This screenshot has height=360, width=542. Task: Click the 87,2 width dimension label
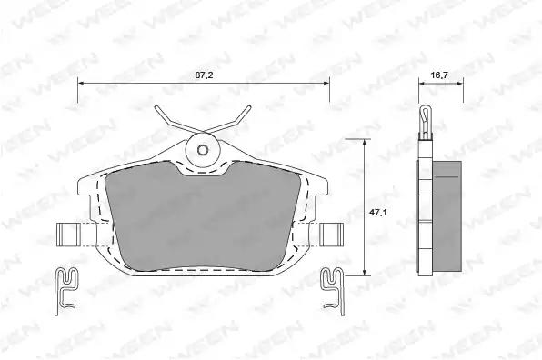(204, 75)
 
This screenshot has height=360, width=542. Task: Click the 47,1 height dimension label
(377, 213)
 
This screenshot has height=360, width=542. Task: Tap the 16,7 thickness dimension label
(439, 75)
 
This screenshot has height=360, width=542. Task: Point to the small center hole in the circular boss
(203, 150)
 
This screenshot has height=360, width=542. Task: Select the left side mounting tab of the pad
(68, 235)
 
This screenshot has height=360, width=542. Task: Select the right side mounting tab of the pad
(332, 235)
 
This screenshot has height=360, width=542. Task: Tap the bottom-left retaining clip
(66, 291)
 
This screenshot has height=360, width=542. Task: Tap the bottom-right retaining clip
(333, 291)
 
